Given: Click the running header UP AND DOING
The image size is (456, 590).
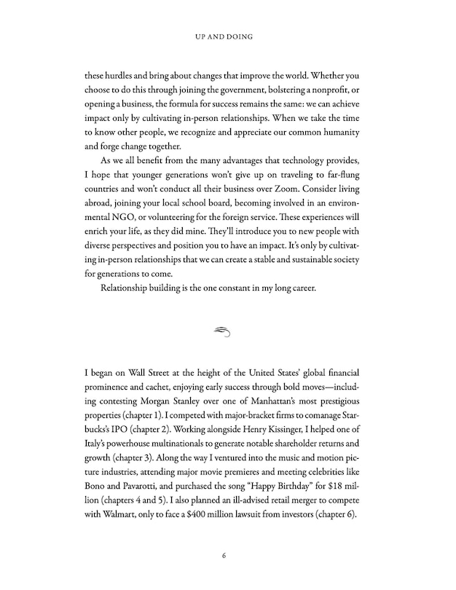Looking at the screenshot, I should (x=227, y=34).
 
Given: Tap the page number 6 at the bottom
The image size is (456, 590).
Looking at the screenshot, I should (x=227, y=557).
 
